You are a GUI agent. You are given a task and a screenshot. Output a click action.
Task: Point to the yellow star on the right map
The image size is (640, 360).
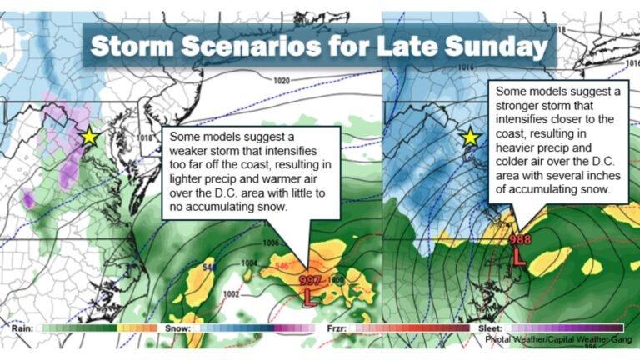click(x=470, y=136)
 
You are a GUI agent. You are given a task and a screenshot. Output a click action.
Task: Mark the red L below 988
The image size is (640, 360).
click(x=517, y=257)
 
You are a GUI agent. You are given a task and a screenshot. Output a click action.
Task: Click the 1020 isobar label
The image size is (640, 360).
click(x=282, y=81)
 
